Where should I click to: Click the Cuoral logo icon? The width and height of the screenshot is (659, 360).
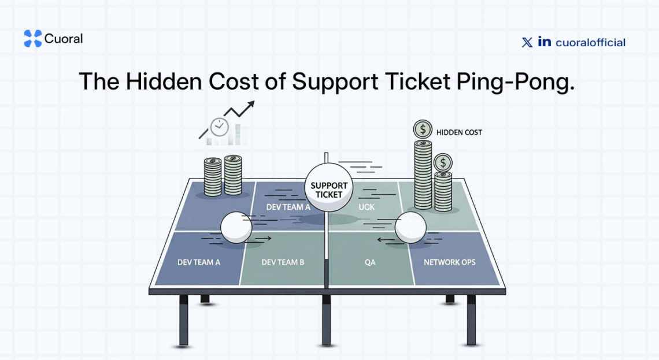pyautogui.click(x=32, y=39)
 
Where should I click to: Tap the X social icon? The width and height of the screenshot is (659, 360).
pyautogui.click(x=527, y=42)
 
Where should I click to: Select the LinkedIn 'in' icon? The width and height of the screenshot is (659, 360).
pyautogui.click(x=544, y=42)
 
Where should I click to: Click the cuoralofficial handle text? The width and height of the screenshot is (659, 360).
pyautogui.click(x=590, y=42)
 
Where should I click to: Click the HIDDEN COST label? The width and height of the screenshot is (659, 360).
pyautogui.click(x=459, y=132)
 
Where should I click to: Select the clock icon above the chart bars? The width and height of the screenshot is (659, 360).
pyautogui.click(x=219, y=126)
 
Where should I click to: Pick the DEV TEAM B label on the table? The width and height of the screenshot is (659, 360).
pyautogui.click(x=283, y=262)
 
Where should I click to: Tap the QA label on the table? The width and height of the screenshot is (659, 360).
pyautogui.click(x=370, y=262)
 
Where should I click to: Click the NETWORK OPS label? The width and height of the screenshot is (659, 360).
pyautogui.click(x=450, y=262)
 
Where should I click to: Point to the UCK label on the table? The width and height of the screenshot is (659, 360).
pyautogui.click(x=366, y=206)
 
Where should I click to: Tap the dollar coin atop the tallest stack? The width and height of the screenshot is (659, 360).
pyautogui.click(x=423, y=129)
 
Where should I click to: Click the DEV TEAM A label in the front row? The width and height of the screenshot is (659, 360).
pyautogui.click(x=199, y=262)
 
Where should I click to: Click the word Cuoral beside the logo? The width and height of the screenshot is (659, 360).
pyautogui.click(x=64, y=39)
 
